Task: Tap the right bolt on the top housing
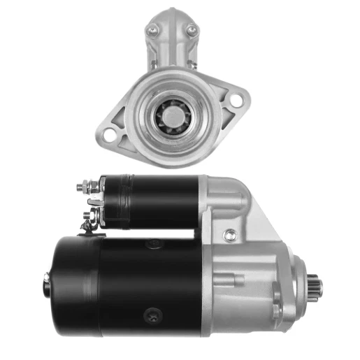pyautogui.click(x=190, y=30)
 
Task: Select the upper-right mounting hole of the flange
pyautogui.click(x=236, y=102)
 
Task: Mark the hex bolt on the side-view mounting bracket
pyautogui.click(x=229, y=236)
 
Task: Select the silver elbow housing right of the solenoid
pyautogui.click(x=224, y=199)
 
